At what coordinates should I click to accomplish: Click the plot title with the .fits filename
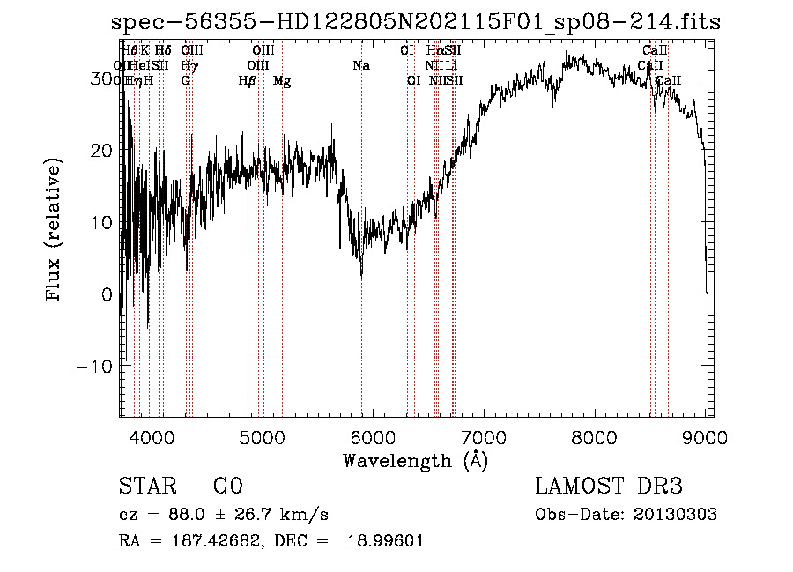pyautogui.click(x=416, y=22)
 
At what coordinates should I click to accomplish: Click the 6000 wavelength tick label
pyautogui.click(x=373, y=435)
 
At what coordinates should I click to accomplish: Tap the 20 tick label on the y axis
pyautogui.click(x=103, y=150)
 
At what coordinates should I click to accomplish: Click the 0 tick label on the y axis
pyautogui.click(x=107, y=293)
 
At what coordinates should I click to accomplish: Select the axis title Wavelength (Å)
pyautogui.click(x=415, y=460)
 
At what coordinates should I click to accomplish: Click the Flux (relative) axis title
pyautogui.click(x=55, y=231)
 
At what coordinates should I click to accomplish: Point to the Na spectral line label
pyautogui.click(x=361, y=66)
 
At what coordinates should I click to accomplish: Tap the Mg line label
pyautogui.click(x=282, y=81)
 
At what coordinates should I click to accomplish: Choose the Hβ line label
pyautogui.click(x=248, y=81)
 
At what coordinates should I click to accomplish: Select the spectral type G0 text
pyautogui.click(x=227, y=487)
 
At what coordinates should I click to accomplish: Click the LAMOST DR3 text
pyautogui.click(x=609, y=487)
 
